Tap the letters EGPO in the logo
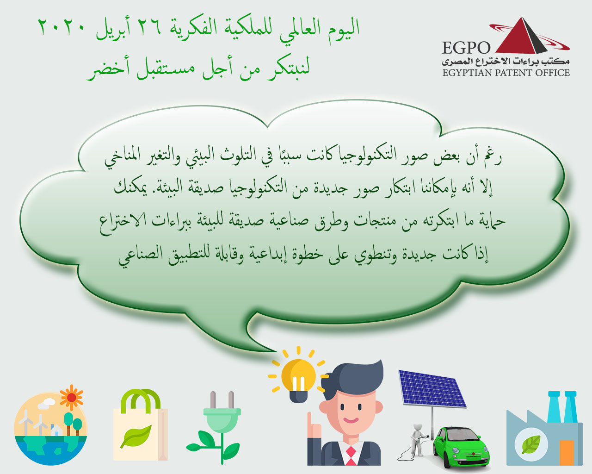click(x=466, y=48)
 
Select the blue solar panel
click(x=432, y=389)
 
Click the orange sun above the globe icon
click(x=72, y=398)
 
